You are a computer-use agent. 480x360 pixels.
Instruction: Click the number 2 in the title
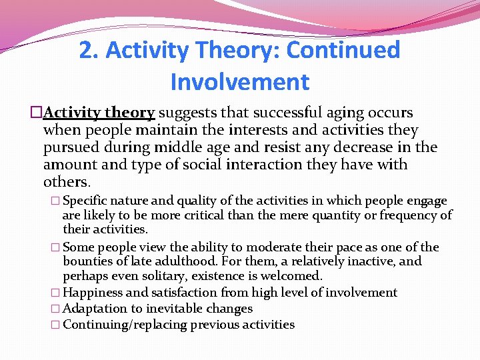85,51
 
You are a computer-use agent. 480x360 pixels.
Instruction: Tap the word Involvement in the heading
240,82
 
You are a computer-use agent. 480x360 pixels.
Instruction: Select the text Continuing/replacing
125,325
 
